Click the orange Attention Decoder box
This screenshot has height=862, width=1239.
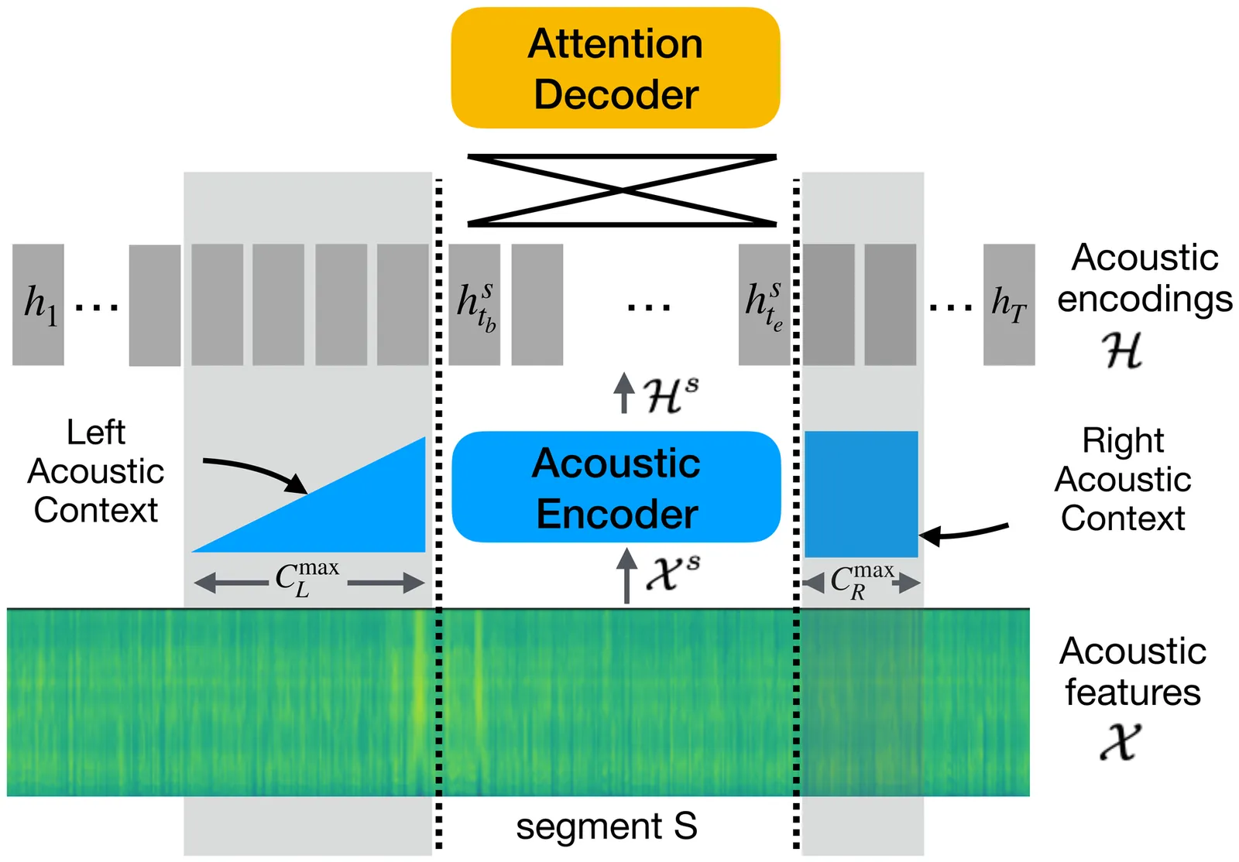pyautogui.click(x=616, y=68)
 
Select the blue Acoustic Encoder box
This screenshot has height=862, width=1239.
pyautogui.click(x=616, y=487)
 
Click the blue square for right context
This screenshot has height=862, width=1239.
pyautogui.click(x=861, y=494)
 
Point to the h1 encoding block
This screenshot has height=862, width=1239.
pyautogui.click(x=38, y=304)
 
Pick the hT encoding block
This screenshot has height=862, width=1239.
pyautogui.click(x=1009, y=304)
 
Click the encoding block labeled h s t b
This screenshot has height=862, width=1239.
pyautogui.click(x=475, y=304)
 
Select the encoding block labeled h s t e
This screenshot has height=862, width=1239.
pyautogui.click(x=764, y=304)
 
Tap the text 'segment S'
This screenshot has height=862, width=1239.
pyautogui.click(x=606, y=826)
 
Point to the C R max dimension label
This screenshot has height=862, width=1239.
pyautogui.click(x=861, y=582)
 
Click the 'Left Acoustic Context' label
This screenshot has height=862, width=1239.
pyautogui.click(x=96, y=471)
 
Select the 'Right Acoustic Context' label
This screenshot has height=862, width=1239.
pyautogui.click(x=1123, y=479)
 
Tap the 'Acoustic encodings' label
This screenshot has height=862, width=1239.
pyautogui.click(x=1145, y=279)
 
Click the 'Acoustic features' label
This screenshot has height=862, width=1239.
pyautogui.click(x=1132, y=672)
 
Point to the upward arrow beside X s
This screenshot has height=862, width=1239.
pyautogui.click(x=627, y=576)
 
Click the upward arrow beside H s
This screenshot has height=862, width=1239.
pyautogui.click(x=623, y=393)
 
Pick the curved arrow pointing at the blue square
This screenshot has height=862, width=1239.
pyautogui.click(x=964, y=532)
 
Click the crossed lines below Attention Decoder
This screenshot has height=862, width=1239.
pyautogui.click(x=622, y=190)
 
